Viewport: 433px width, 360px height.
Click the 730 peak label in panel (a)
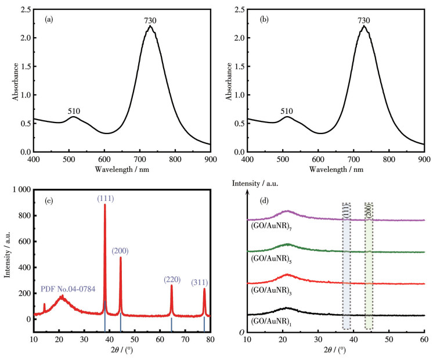pos(151,21)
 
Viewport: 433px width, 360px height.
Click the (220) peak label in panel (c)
pos(172,279)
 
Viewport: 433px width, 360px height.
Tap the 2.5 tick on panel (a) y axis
pos(21,10)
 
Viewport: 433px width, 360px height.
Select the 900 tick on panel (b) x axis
pos(424,159)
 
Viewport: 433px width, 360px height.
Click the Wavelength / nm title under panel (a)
pos(122,170)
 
